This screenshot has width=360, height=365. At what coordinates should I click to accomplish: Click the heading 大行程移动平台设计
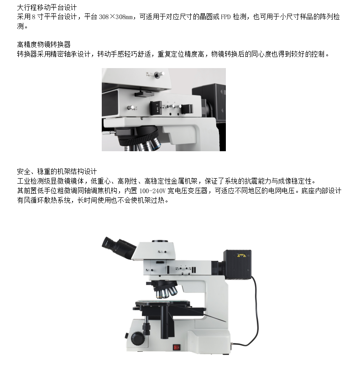click(x=47, y=8)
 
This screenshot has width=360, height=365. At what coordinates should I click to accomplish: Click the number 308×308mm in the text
click(x=115, y=17)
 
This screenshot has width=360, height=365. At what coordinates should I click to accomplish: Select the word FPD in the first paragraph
click(x=225, y=17)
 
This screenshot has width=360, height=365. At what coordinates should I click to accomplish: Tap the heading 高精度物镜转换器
click(x=44, y=44)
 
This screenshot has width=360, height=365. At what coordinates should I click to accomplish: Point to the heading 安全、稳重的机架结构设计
click(x=57, y=172)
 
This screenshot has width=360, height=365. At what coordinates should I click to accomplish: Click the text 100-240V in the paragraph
click(x=152, y=191)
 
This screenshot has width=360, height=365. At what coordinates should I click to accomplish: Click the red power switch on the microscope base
click(x=177, y=348)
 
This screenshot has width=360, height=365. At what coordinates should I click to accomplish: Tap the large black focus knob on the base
click(x=138, y=339)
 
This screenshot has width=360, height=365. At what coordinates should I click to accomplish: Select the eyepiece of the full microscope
click(x=118, y=247)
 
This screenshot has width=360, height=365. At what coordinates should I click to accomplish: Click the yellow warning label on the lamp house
click(x=241, y=255)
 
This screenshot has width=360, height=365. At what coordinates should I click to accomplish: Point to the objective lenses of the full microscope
click(x=166, y=291)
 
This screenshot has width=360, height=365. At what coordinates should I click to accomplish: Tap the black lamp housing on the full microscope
click(x=237, y=264)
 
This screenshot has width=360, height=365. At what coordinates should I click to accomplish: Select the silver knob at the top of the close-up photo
click(x=159, y=75)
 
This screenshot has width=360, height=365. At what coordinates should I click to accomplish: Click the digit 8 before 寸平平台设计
click(x=34, y=17)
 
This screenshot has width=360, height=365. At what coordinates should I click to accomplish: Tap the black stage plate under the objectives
click(x=163, y=303)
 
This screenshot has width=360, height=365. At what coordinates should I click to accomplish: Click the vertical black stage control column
click(x=164, y=323)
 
